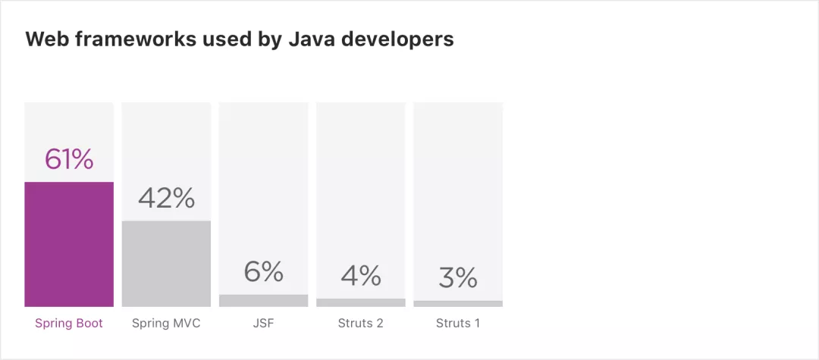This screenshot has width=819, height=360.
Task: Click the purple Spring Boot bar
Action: pyautogui.click(x=69, y=244)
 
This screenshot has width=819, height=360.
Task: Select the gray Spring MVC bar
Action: pyautogui.click(x=166, y=264)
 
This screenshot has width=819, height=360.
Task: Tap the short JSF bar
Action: pyautogui.click(x=263, y=301)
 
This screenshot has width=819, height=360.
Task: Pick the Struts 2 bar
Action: pyautogui.click(x=360, y=302)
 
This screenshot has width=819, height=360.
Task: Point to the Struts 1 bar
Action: pyautogui.click(x=458, y=304)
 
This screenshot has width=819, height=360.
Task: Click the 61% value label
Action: pyautogui.click(x=69, y=159)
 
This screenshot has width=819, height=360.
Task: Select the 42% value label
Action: pyautogui.click(x=166, y=198)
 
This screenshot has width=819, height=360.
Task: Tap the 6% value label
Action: pyautogui.click(x=263, y=271)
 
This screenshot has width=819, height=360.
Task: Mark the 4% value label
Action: pyautogui.click(x=360, y=275)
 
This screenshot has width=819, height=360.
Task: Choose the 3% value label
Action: pyautogui.click(x=458, y=277)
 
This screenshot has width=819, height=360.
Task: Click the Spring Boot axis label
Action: pyautogui.click(x=69, y=323)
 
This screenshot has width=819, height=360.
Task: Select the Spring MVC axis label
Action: pyautogui.click(x=166, y=323)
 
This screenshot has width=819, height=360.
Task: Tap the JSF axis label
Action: pyautogui.click(x=263, y=323)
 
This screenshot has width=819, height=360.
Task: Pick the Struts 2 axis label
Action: pyautogui.click(x=360, y=323)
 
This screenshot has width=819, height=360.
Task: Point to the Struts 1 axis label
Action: pyautogui.click(x=458, y=323)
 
